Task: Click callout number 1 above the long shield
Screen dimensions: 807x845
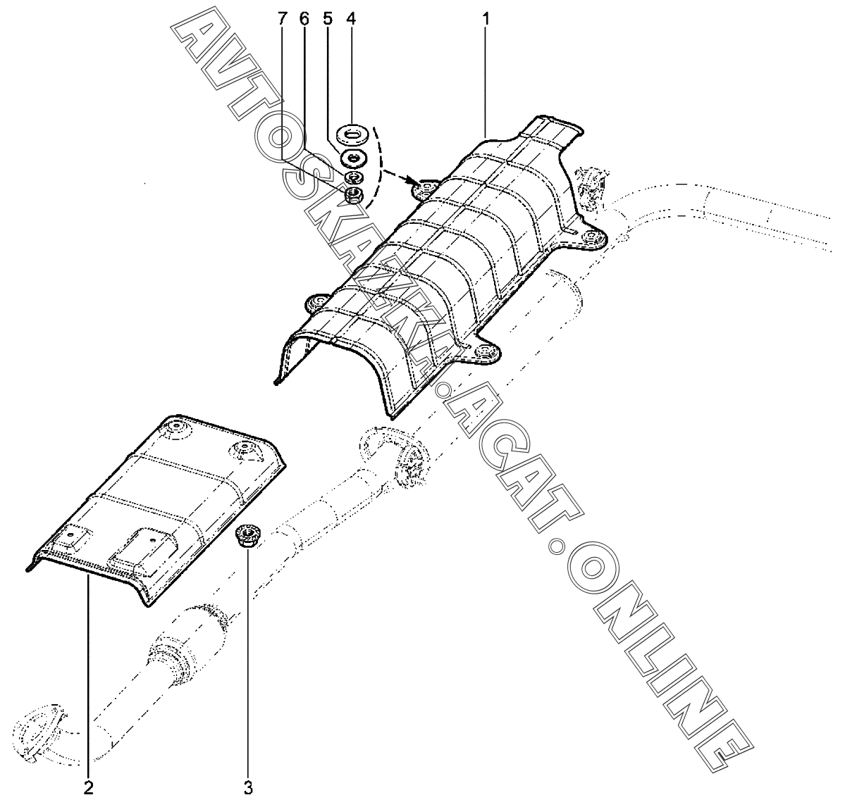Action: click(x=486, y=18)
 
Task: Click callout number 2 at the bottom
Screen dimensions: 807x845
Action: click(x=88, y=788)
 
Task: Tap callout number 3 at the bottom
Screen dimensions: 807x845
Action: click(x=248, y=788)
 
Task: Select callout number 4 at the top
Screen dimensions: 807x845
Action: click(x=350, y=18)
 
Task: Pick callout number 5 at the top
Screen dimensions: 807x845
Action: click(x=328, y=18)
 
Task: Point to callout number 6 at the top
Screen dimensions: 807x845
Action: click(x=304, y=18)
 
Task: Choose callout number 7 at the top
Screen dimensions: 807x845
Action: click(x=282, y=18)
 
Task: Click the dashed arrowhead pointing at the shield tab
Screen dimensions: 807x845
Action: click(x=409, y=182)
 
